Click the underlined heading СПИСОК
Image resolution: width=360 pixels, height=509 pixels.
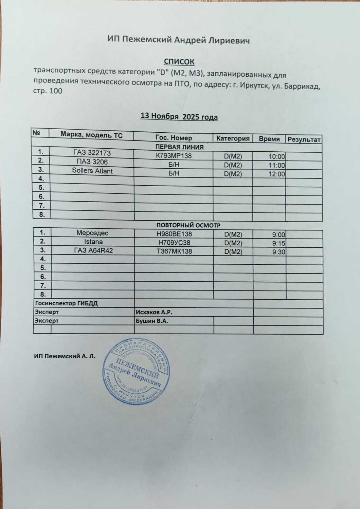tap(179, 61)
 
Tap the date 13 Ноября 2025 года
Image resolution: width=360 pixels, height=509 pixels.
tap(179, 117)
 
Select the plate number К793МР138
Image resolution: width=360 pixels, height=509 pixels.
tap(174, 156)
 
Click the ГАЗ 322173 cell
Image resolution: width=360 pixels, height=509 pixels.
tap(92, 153)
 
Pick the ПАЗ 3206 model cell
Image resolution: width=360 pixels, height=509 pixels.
tap(92, 162)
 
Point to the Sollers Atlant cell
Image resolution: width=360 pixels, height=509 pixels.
tap(92, 171)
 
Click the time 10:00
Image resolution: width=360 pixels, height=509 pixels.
tap(276, 157)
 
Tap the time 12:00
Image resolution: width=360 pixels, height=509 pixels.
tap(276, 174)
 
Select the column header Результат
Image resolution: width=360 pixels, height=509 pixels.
tap(304, 139)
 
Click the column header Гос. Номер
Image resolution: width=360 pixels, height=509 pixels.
tap(174, 138)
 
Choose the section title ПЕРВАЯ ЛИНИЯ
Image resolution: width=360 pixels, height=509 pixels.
tap(179, 147)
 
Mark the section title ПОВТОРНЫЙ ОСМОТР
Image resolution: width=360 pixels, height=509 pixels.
tap(188, 225)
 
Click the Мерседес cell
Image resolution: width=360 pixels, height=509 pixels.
tap(92, 233)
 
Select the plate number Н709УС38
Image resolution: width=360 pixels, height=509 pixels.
tap(174, 243)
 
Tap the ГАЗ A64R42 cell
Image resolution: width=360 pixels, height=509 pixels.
tap(93, 250)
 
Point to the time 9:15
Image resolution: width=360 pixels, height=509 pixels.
tap(278, 243)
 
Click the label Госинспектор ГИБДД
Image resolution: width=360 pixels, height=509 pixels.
tap(66, 303)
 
